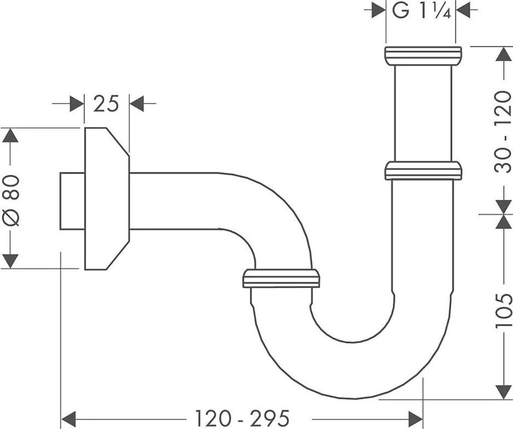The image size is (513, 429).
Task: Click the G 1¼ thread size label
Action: click(x=422, y=11)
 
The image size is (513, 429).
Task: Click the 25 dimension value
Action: click(x=106, y=104)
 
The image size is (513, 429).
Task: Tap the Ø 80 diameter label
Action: click(x=11, y=200)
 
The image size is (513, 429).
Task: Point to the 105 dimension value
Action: click(x=502, y=311)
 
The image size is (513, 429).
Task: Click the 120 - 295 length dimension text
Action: click(x=242, y=417)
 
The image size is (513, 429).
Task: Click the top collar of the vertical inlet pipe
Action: click(x=423, y=56)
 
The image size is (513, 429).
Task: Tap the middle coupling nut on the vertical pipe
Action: click(x=423, y=170)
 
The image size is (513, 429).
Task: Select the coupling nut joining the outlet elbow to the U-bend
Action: click(x=281, y=278)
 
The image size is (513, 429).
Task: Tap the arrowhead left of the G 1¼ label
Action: click(x=378, y=11)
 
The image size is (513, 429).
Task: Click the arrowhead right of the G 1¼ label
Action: click(x=463, y=11)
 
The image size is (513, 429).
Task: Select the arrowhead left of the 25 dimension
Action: click(x=76, y=104)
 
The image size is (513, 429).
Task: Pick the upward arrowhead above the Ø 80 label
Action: click(x=11, y=136)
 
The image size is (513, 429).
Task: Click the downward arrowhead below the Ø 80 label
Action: click(x=11, y=261)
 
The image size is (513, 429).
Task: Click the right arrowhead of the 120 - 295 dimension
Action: click(x=415, y=417)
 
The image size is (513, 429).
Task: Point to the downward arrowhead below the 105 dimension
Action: click(x=502, y=392)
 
